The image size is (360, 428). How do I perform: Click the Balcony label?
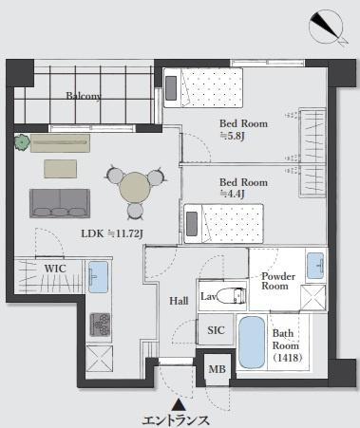click(84, 96)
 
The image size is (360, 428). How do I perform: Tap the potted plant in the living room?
click(22, 142)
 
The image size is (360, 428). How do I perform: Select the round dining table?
click(136, 188)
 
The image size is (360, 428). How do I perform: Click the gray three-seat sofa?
click(60, 203)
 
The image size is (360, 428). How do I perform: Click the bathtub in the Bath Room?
click(252, 343)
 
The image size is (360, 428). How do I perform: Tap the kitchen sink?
click(98, 277)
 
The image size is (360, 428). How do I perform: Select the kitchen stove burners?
click(101, 325)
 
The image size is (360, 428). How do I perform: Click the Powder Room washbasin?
click(315, 265)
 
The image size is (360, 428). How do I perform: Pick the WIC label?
click(55, 269)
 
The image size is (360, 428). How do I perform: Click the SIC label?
click(216, 330)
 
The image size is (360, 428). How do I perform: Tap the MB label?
click(217, 369)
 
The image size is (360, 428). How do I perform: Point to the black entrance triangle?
click(179, 404)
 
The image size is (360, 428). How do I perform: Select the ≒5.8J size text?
click(233, 136)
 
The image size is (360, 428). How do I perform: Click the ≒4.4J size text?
click(233, 195)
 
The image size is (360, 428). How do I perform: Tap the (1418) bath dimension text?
click(287, 358)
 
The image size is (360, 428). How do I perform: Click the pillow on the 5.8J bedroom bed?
click(171, 88)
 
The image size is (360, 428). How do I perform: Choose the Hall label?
click(179, 301)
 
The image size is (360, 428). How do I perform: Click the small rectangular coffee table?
click(60, 169)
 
